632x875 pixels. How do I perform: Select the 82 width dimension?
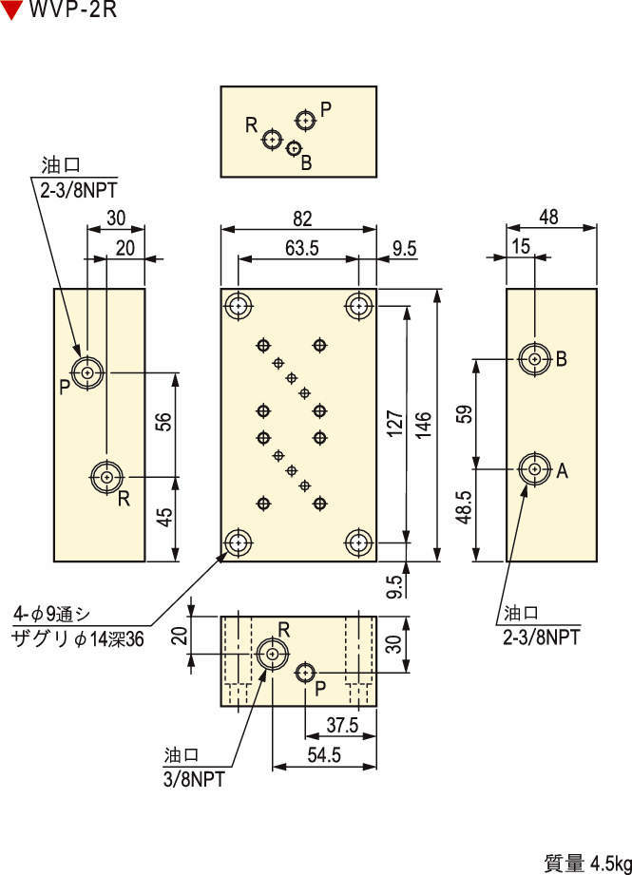tap(301, 219)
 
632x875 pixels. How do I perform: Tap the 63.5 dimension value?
tap(299, 248)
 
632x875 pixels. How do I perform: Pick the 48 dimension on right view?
tap(548, 218)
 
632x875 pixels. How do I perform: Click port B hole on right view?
tap(535, 358)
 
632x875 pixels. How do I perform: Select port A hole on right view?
tap(535, 468)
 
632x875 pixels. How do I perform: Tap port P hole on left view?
tap(88, 372)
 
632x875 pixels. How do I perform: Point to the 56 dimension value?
tap(163, 424)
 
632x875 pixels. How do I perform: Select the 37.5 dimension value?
tap(341, 725)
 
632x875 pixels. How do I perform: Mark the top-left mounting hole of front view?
tap(238, 305)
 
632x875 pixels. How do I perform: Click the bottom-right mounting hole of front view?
tap(358, 542)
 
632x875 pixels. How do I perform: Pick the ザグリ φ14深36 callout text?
tap(77, 639)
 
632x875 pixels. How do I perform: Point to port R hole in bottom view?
tap(273, 654)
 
